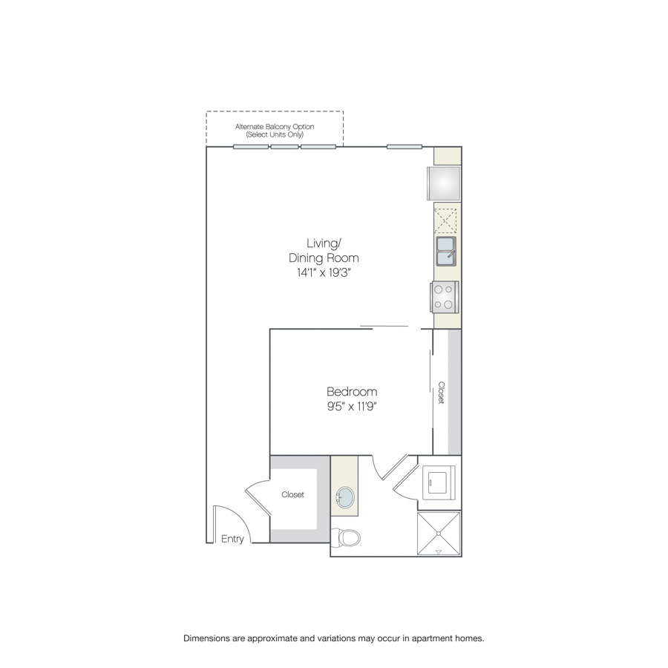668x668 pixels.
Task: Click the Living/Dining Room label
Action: (324, 251)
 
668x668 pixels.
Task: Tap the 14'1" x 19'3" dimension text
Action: (324, 272)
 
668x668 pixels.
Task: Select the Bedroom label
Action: (352, 391)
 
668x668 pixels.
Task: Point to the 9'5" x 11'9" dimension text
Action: (352, 407)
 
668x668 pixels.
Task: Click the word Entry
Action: (232, 539)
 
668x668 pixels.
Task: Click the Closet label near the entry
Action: (292, 494)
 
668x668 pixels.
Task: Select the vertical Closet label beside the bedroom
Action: (442, 393)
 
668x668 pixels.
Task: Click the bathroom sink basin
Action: (345, 497)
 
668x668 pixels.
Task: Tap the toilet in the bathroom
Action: (345, 537)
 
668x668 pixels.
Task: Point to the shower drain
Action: (439, 534)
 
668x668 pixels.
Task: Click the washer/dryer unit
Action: (439, 482)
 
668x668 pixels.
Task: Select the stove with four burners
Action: (445, 298)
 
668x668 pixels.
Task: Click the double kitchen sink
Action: (446, 252)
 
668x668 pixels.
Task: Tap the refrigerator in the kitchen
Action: (444, 183)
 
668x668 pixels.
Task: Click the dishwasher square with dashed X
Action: (445, 220)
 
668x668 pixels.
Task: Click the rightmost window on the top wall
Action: (405, 147)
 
